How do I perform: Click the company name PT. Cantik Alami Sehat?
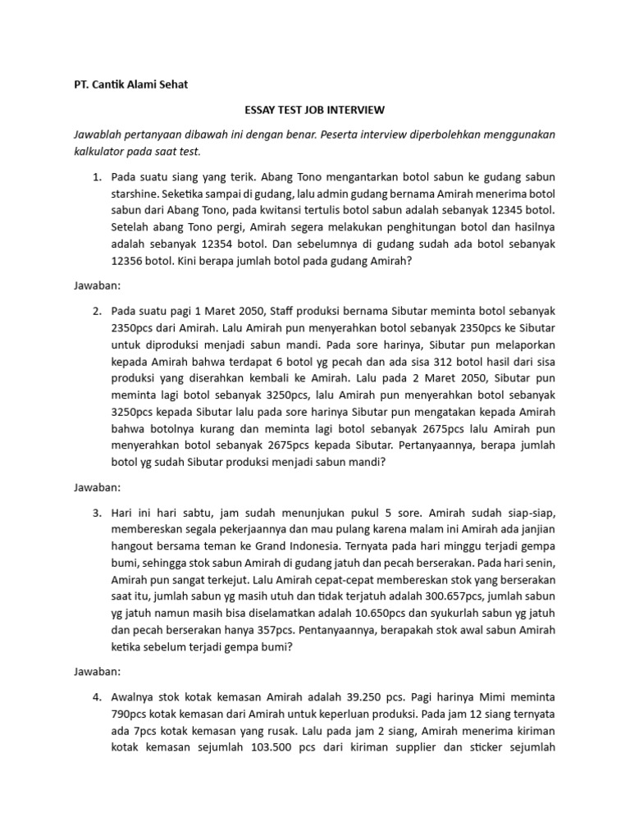pos(126,84)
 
